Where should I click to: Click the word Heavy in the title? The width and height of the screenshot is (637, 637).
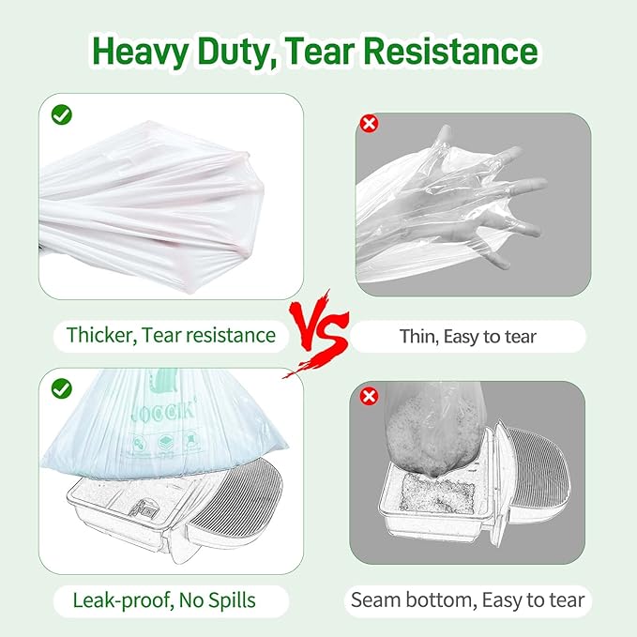(x=140, y=52)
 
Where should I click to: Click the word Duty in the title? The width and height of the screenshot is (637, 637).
(x=236, y=52)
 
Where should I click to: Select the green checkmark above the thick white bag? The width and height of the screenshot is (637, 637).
(x=62, y=115)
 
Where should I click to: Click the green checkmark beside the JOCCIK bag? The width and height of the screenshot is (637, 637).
(x=62, y=388)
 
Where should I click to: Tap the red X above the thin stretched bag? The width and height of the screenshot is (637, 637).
(x=369, y=124)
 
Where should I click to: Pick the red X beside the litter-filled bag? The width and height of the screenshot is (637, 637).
(x=369, y=396)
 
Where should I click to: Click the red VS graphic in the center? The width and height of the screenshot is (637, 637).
(x=319, y=331)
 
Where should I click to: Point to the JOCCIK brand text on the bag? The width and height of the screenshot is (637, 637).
(x=163, y=410)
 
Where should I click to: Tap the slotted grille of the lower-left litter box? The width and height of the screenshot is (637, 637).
(x=239, y=493)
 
